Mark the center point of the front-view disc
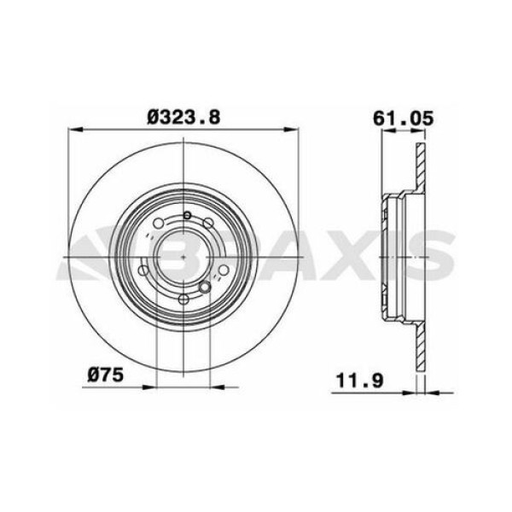pos(183,255)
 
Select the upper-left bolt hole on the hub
pos(159,224)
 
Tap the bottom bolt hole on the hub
pos(183,299)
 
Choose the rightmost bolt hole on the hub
pos(222,271)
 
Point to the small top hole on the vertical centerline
pos(183,216)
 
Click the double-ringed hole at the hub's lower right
pos(205,285)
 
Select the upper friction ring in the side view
pos(418,171)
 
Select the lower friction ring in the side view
pos(418,341)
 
